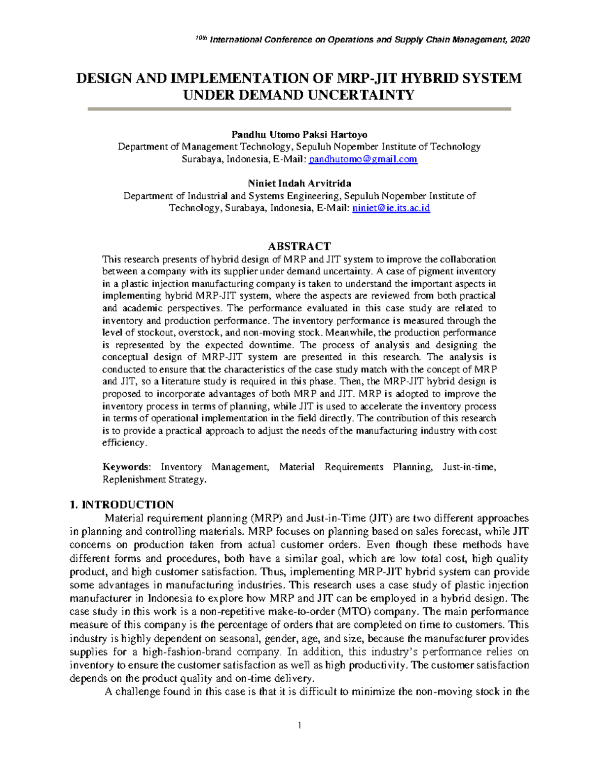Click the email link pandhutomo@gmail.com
(363, 159)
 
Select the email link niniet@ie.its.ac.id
(391, 208)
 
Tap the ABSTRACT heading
(299, 246)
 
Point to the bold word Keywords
(126, 467)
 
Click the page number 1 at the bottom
(299, 725)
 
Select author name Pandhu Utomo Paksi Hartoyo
(299, 135)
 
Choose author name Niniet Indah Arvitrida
(299, 183)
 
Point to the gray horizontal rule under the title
(299, 109)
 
